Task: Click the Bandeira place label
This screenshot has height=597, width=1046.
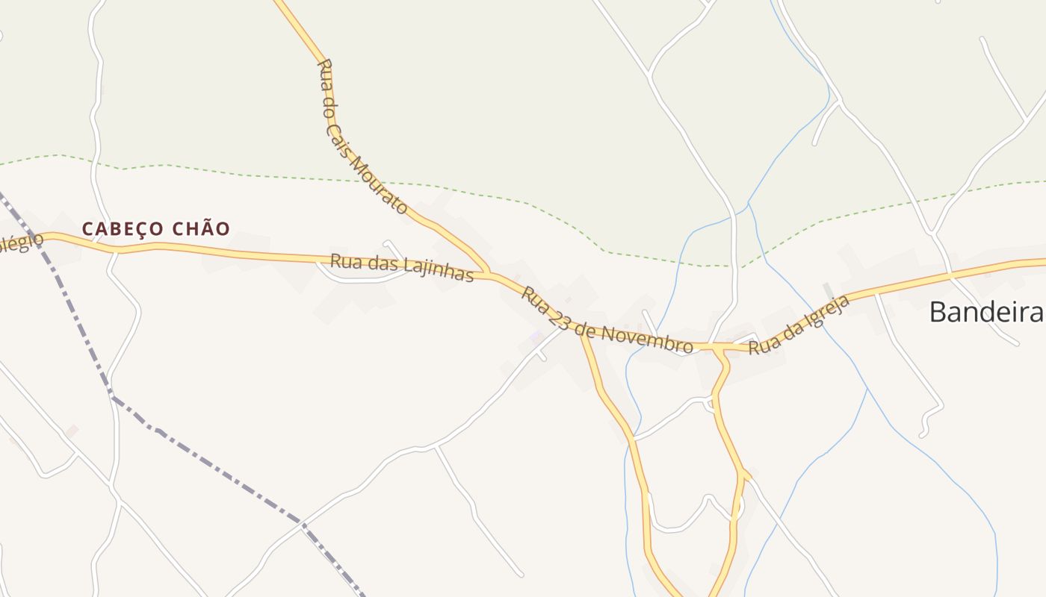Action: click(x=985, y=312)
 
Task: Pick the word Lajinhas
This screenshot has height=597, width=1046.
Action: click(x=438, y=269)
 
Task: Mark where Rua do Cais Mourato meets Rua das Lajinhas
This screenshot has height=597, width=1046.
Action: click(x=489, y=274)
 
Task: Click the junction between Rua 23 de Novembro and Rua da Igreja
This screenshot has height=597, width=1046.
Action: click(x=718, y=347)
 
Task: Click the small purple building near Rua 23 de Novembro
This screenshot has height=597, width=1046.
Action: click(x=536, y=337)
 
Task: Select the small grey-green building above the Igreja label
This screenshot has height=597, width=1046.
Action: click(x=826, y=290)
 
